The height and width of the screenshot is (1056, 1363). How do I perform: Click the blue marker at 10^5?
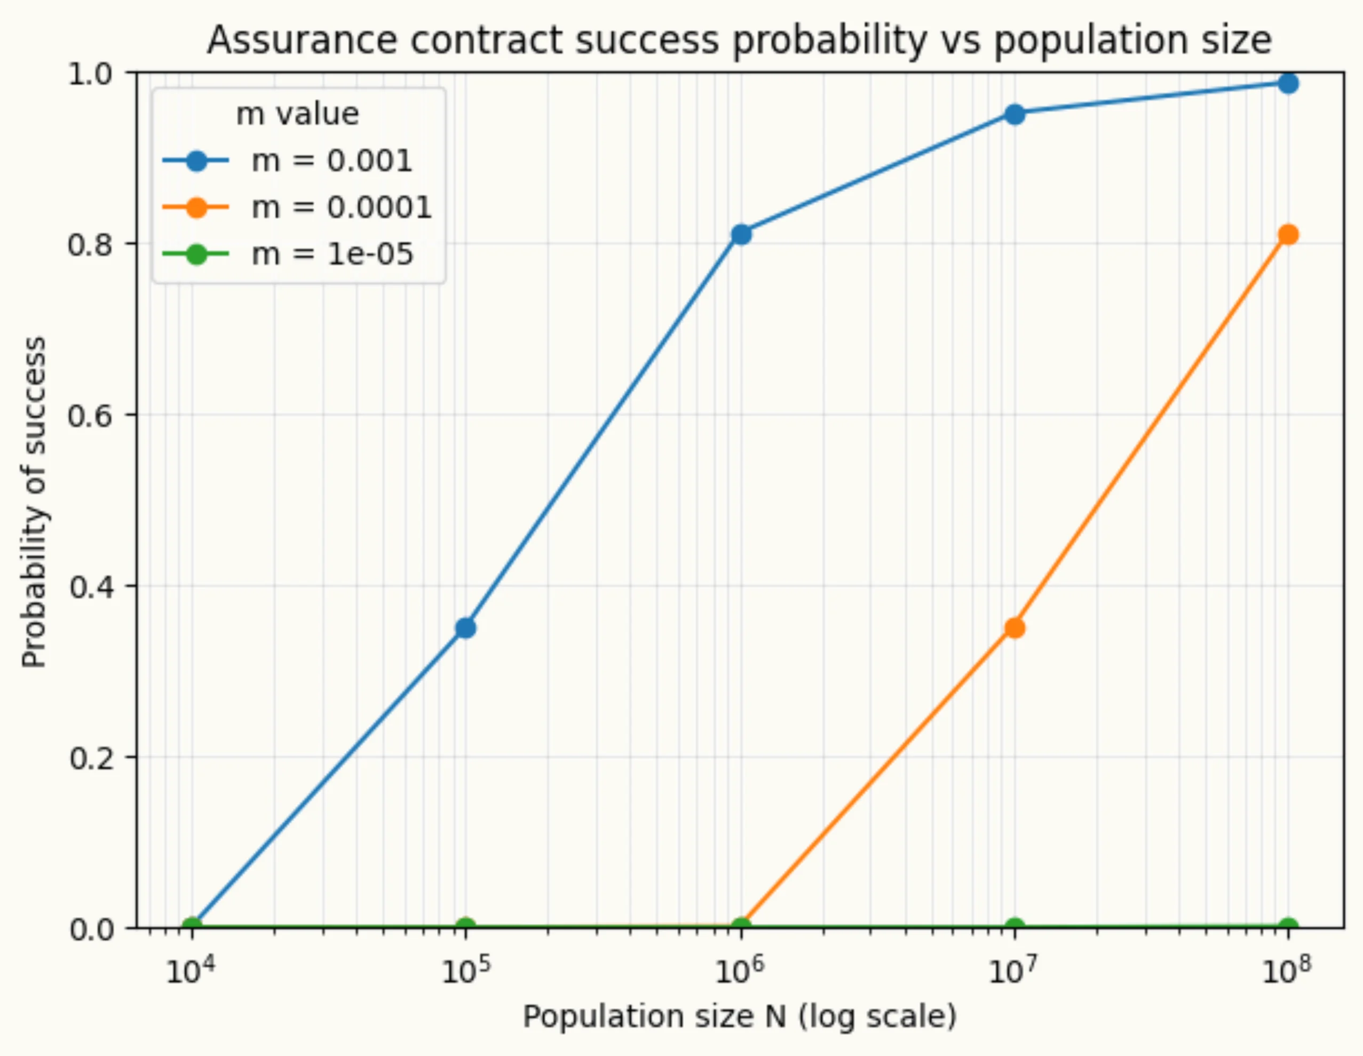465,628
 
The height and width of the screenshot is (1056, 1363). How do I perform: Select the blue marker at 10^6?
741,235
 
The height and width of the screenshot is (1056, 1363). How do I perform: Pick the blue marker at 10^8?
1289,83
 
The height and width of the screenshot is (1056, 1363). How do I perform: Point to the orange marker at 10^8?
1289,235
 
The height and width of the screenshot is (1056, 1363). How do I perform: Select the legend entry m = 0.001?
331,161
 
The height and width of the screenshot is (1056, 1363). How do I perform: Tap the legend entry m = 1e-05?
332,254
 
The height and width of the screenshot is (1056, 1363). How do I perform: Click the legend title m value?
298,114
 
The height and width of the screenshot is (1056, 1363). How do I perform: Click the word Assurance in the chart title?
302,41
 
